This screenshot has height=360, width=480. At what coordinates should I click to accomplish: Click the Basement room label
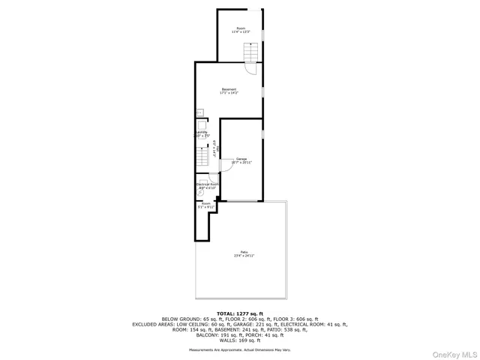pyautogui.click(x=229, y=91)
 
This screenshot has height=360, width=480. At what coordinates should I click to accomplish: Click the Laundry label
pyautogui.click(x=202, y=133)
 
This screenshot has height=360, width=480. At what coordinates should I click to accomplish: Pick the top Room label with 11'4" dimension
pyautogui.click(x=241, y=30)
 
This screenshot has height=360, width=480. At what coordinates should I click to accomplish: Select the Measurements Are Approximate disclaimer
pyautogui.click(x=240, y=349)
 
